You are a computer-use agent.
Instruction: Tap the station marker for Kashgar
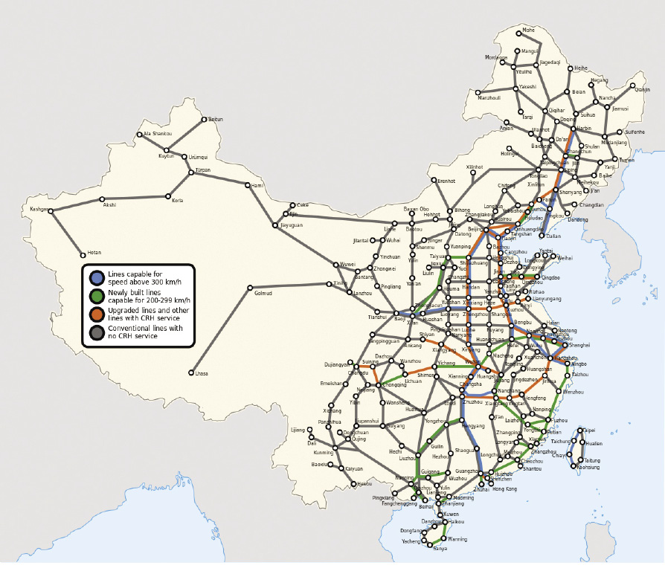tap(52, 210)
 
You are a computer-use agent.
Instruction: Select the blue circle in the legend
tap(97, 278)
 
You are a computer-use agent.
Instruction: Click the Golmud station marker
tap(250, 287)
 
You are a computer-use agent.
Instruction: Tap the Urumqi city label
tap(199, 157)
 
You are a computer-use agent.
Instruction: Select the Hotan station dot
tap(83, 254)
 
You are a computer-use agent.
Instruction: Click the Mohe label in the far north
tap(529, 30)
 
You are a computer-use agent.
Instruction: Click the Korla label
tap(177, 201)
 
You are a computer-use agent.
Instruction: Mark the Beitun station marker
tap(203, 119)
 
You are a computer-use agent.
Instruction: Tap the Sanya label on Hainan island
tap(440, 549)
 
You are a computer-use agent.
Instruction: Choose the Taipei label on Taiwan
tap(588, 430)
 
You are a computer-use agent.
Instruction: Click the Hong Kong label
tap(505, 488)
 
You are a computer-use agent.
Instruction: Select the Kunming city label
tap(324, 452)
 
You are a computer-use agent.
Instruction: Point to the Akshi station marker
tap(109, 204)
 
